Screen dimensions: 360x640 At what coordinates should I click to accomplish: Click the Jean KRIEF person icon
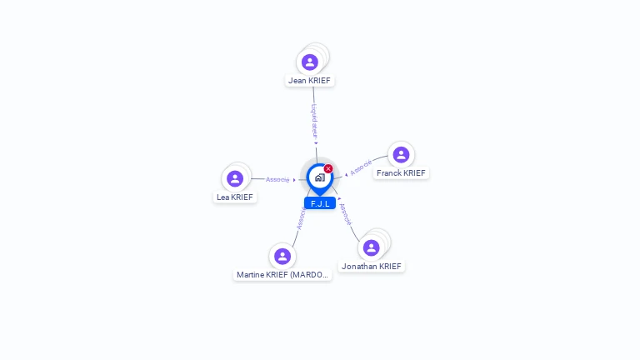click(310, 62)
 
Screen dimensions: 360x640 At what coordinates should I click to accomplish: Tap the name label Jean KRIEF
click(310, 81)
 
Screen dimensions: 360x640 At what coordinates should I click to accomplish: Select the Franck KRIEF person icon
click(401, 155)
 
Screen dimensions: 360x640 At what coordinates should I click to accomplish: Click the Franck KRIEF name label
click(401, 173)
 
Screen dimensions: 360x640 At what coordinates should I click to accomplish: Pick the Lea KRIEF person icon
click(235, 178)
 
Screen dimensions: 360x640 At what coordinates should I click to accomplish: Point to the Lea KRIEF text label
click(235, 197)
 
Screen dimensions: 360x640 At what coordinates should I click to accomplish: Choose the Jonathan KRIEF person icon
click(372, 247)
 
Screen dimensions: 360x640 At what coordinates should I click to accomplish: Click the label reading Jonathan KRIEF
click(372, 267)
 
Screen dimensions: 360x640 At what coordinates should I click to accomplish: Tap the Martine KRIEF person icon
click(282, 256)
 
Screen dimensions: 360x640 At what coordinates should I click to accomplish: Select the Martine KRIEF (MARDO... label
click(283, 275)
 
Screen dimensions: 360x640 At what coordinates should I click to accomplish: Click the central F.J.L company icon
click(319, 177)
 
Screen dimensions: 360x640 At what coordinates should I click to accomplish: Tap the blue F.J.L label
click(320, 203)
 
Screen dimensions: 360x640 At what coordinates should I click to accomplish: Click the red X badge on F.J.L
click(328, 169)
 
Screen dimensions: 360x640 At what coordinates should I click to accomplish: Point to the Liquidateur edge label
click(313, 120)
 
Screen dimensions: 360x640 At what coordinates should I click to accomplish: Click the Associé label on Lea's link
click(277, 179)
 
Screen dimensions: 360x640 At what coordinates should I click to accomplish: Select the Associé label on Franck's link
click(361, 167)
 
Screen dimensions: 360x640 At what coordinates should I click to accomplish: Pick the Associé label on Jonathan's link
click(346, 215)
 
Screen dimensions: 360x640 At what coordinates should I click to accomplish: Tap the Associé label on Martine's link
click(302, 217)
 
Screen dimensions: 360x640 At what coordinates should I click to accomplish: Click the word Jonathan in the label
click(359, 267)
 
